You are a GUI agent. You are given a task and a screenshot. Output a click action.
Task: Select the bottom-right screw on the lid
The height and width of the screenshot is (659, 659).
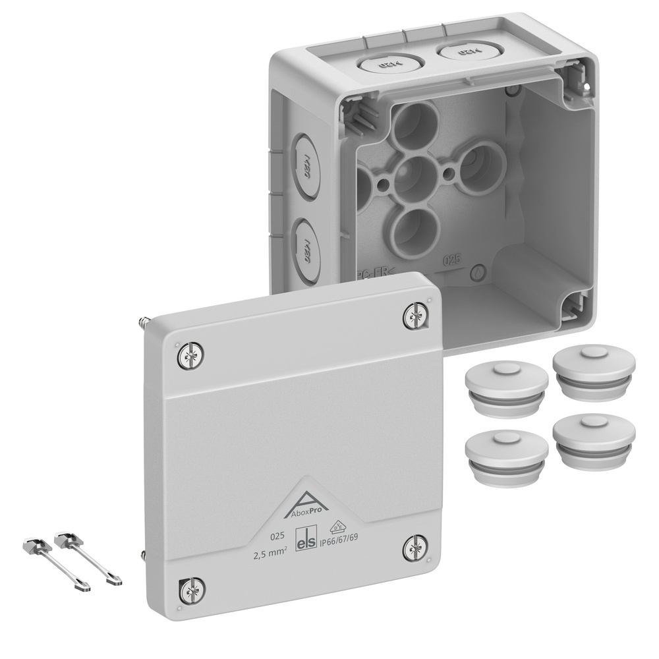click(415, 547)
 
